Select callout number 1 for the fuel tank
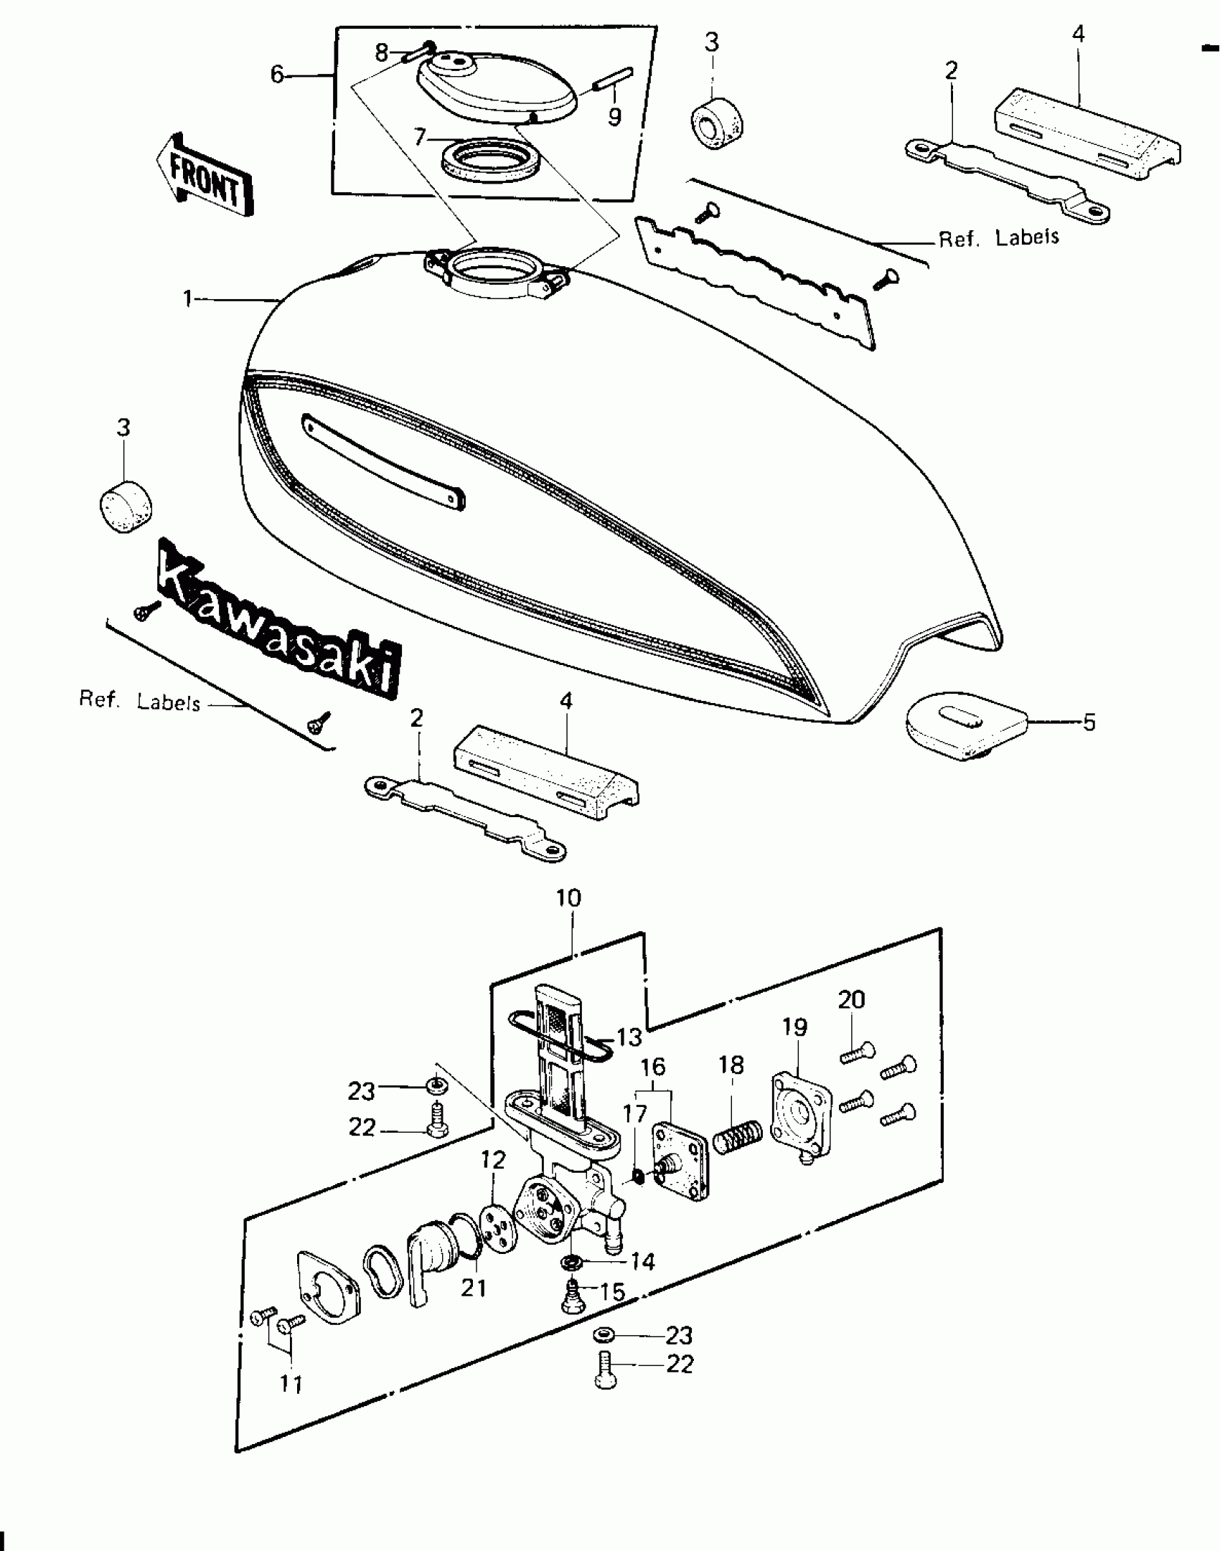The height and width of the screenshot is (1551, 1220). (x=188, y=298)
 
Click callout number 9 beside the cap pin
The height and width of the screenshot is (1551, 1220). (x=614, y=116)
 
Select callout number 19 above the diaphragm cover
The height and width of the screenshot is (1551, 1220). (x=794, y=1027)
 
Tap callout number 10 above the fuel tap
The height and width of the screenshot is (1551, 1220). (x=568, y=897)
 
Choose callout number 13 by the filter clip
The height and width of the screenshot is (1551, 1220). (x=629, y=1037)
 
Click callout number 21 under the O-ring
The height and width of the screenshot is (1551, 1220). (x=474, y=1288)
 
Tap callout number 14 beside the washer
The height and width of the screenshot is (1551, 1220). (x=642, y=1260)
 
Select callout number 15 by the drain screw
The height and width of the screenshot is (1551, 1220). (x=611, y=1292)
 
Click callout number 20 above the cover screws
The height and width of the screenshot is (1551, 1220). (x=851, y=999)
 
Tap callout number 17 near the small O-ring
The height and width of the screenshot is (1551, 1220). (x=634, y=1114)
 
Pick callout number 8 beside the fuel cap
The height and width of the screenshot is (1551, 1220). (x=381, y=52)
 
